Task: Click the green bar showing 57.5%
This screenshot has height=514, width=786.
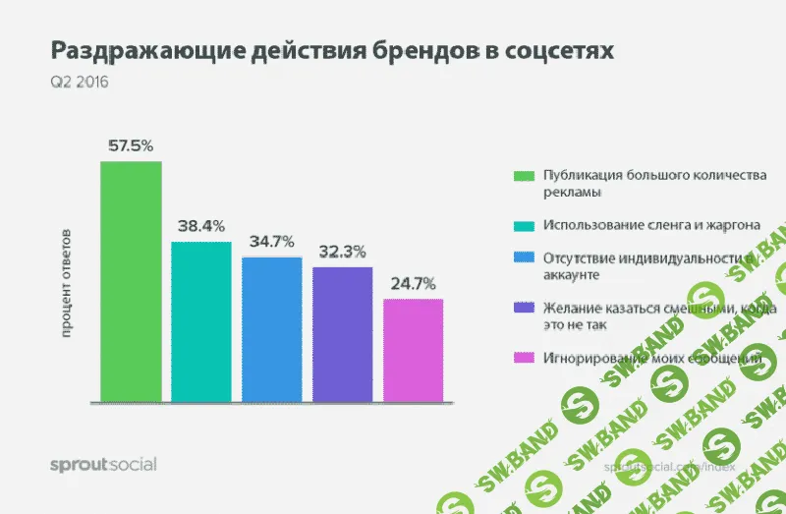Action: (x=131, y=281)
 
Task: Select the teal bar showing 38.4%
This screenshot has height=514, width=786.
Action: (x=201, y=321)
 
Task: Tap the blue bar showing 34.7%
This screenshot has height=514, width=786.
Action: (x=272, y=329)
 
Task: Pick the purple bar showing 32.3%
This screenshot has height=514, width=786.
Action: (x=343, y=334)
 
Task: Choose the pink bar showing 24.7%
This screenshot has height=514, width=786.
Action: (x=413, y=350)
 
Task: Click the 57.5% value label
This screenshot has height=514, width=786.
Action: (x=131, y=145)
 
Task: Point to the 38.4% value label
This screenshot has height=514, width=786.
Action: (x=201, y=226)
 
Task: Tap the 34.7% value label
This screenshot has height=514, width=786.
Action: (x=272, y=241)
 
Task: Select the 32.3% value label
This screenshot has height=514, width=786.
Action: (x=343, y=251)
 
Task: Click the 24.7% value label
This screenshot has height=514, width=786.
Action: (x=413, y=283)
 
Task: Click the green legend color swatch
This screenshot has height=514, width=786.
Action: (x=524, y=176)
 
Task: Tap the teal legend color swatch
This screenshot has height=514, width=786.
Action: (x=524, y=225)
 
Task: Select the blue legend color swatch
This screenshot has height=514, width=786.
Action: (x=524, y=258)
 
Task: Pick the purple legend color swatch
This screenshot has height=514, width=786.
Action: (x=524, y=308)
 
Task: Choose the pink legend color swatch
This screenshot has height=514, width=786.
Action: (x=524, y=358)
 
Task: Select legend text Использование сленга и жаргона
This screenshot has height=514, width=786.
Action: (x=650, y=225)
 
